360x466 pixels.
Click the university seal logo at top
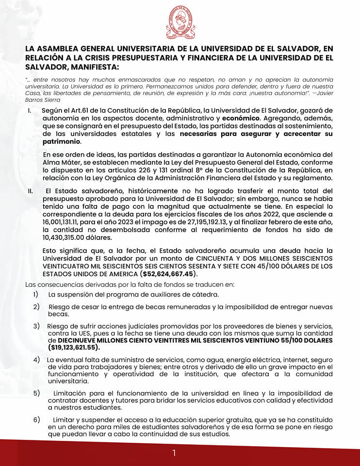[x=180, y=23]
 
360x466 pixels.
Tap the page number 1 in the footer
[x=174, y=453]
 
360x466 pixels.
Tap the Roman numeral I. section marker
[x=30, y=111]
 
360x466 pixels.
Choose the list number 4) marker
[x=36, y=360]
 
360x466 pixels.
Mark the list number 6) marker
[x=36, y=419]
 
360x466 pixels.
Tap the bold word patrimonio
[x=62, y=142]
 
